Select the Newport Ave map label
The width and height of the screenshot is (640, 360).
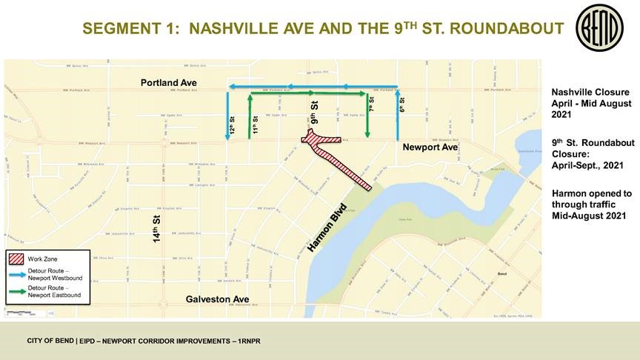[x=430, y=147]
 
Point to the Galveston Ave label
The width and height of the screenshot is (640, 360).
[x=217, y=299]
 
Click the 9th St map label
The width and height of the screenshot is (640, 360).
[x=315, y=113]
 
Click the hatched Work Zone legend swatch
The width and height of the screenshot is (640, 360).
[x=17, y=259]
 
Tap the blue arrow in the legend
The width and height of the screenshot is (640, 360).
[x=17, y=273]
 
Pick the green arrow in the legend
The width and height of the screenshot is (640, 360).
[x=17, y=290]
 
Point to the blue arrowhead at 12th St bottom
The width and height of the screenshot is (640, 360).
[x=227, y=136]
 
